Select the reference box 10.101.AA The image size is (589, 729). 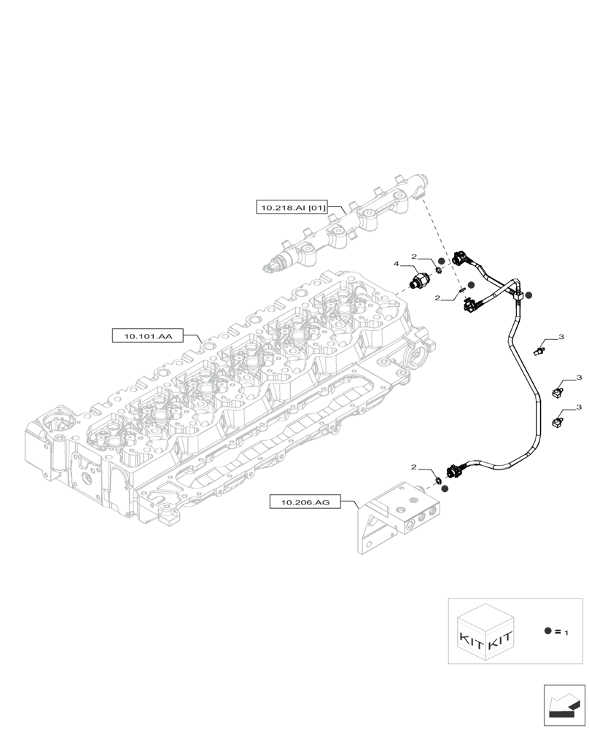148,336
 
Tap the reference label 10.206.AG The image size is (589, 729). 305,502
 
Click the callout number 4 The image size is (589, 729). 397,263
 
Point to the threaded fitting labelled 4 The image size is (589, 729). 420,281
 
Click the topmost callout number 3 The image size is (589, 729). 561,337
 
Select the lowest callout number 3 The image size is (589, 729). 578,407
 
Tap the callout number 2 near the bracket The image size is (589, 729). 414,467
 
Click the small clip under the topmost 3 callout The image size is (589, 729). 539,351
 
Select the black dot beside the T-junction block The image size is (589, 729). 529,295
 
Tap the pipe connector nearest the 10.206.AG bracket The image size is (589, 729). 456,470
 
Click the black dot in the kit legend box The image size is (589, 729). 547,631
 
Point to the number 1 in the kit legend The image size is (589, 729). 565,633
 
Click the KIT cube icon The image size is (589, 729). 486,632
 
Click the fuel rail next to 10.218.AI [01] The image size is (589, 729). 343,226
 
